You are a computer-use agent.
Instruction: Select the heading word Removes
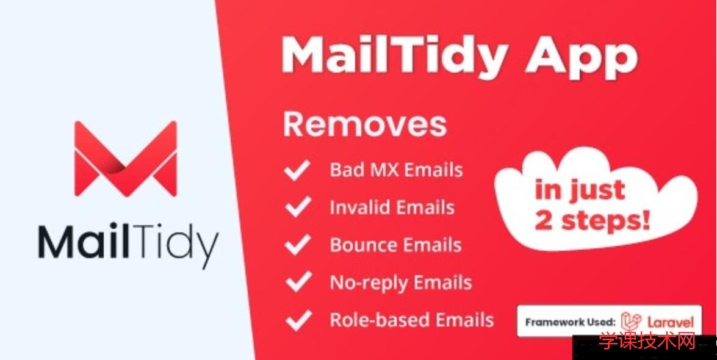[x=365, y=124]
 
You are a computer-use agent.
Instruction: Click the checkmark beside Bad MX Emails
[x=297, y=171]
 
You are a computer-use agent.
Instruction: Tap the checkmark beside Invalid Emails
[x=297, y=208]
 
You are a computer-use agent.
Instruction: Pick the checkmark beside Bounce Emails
[x=297, y=245]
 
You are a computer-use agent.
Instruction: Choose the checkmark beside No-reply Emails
[x=297, y=283]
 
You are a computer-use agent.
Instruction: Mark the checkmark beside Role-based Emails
[x=297, y=320]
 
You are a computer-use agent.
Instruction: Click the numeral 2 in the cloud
[x=543, y=221]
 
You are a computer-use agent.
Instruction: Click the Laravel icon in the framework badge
[x=631, y=322]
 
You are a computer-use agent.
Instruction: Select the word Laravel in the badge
[x=670, y=322]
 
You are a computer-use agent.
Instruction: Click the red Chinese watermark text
[x=647, y=342]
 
